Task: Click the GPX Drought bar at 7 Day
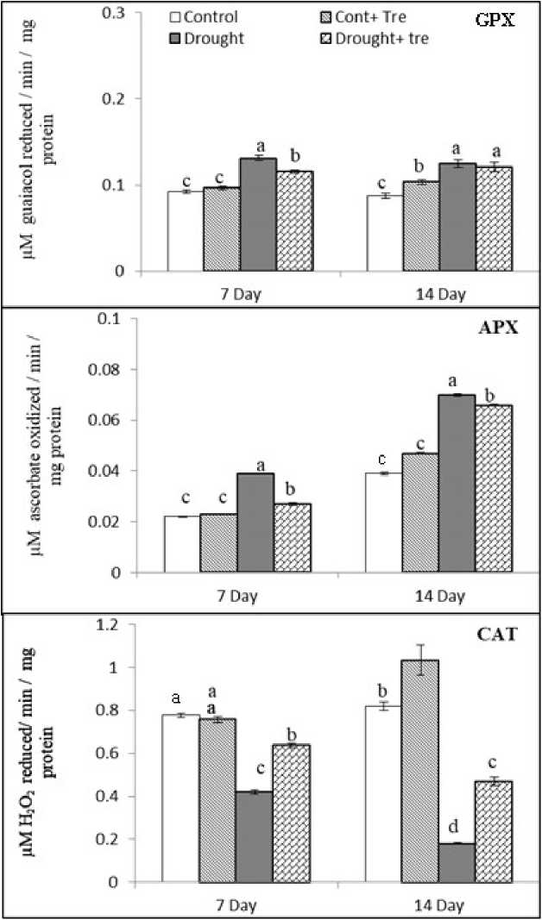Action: tap(258, 215)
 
